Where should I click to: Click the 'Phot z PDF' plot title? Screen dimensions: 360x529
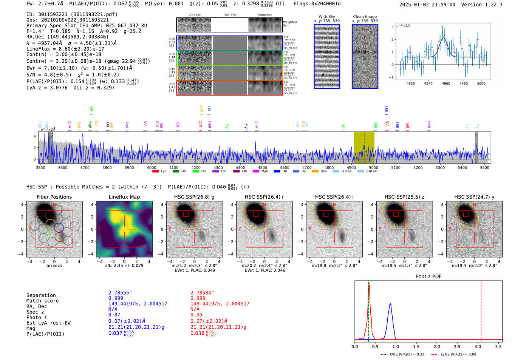pyautogui.click(x=428, y=277)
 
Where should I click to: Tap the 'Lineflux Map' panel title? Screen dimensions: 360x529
pyautogui.click(x=124, y=197)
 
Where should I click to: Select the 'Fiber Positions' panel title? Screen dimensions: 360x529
pyautogui.click(x=54, y=197)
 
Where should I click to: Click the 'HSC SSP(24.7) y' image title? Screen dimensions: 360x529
pyautogui.click(x=474, y=197)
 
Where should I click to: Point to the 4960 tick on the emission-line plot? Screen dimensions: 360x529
pyautogui.click(x=446, y=83)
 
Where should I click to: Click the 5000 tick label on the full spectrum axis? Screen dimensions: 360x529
pyautogui.click(x=373, y=167)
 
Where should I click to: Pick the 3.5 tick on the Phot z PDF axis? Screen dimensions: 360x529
pyautogui.click(x=498, y=346)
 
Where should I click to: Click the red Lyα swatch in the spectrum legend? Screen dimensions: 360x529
pyautogui.click(x=155, y=172)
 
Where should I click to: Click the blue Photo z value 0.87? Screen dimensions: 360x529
pyautogui.click(x=114, y=315)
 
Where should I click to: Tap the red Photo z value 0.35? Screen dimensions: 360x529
pyautogui.click(x=196, y=315)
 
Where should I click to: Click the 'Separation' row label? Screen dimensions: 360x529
pyautogui.click(x=41, y=295)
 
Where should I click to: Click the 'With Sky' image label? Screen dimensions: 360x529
pyautogui.click(x=326, y=17)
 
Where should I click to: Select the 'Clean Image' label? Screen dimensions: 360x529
pyautogui.click(x=365, y=17)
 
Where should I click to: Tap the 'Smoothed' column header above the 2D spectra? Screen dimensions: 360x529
pyautogui.click(x=264, y=15)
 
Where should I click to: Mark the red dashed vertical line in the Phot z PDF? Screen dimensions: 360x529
pyautogui.click(x=481, y=310)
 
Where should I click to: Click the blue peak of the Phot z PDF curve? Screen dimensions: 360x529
pyautogui.click(x=390, y=304)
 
